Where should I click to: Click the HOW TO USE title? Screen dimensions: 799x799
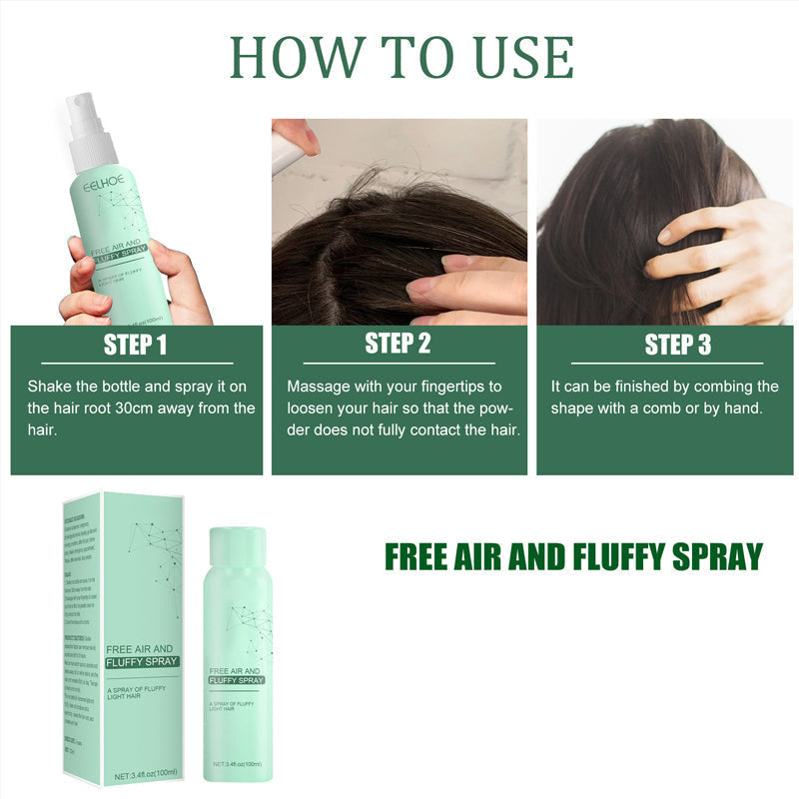click(401, 57)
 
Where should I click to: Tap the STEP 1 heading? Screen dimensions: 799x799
click(136, 346)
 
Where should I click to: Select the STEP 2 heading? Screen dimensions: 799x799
click(398, 344)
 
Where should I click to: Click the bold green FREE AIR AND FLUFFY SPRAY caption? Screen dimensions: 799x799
click(573, 556)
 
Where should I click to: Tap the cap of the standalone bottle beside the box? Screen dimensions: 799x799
click(236, 546)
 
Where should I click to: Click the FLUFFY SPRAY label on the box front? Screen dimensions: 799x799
click(142, 661)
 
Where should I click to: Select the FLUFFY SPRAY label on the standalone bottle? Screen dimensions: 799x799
click(236, 679)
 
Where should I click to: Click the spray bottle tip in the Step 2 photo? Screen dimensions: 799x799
click(287, 150)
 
